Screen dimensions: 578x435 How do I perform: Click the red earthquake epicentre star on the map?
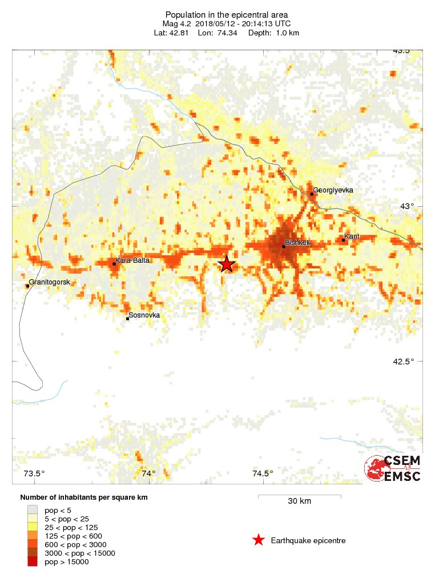point(227,264)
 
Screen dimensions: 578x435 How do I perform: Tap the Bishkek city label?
point(297,243)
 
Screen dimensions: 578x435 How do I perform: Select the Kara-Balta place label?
point(129,261)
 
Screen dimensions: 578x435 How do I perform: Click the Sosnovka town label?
point(144,315)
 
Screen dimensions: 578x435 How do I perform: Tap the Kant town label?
point(352,236)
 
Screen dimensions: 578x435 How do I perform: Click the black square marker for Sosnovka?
point(127,319)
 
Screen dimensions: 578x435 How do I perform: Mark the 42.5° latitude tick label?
point(410,362)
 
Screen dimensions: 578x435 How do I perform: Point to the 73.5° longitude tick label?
point(34,473)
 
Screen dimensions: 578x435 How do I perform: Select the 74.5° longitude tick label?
point(263,473)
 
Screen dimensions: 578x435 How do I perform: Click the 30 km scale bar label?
point(299,501)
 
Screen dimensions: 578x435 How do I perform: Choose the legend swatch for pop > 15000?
point(33,562)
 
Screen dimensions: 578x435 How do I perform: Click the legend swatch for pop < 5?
point(33,509)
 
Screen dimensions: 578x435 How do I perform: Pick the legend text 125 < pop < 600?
point(73,536)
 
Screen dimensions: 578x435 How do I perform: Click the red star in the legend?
point(259,540)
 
